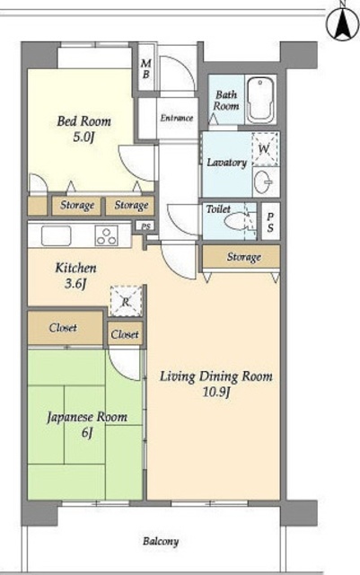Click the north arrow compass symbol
343,23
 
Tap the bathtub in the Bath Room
260,100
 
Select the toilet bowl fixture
238,221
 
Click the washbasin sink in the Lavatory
264,181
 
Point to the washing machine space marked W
265,148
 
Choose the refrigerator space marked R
126,302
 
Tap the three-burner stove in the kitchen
107,235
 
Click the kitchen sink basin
56,235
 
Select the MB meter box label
146,68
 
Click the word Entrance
176,118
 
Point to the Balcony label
161,541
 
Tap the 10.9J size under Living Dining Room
216,393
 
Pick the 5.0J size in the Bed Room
83,137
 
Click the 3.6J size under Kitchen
75,284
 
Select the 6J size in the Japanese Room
87,433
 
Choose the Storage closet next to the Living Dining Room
241,256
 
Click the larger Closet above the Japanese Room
65,327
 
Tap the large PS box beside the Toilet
270,221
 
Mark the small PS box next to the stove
146,226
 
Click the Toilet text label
218,209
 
